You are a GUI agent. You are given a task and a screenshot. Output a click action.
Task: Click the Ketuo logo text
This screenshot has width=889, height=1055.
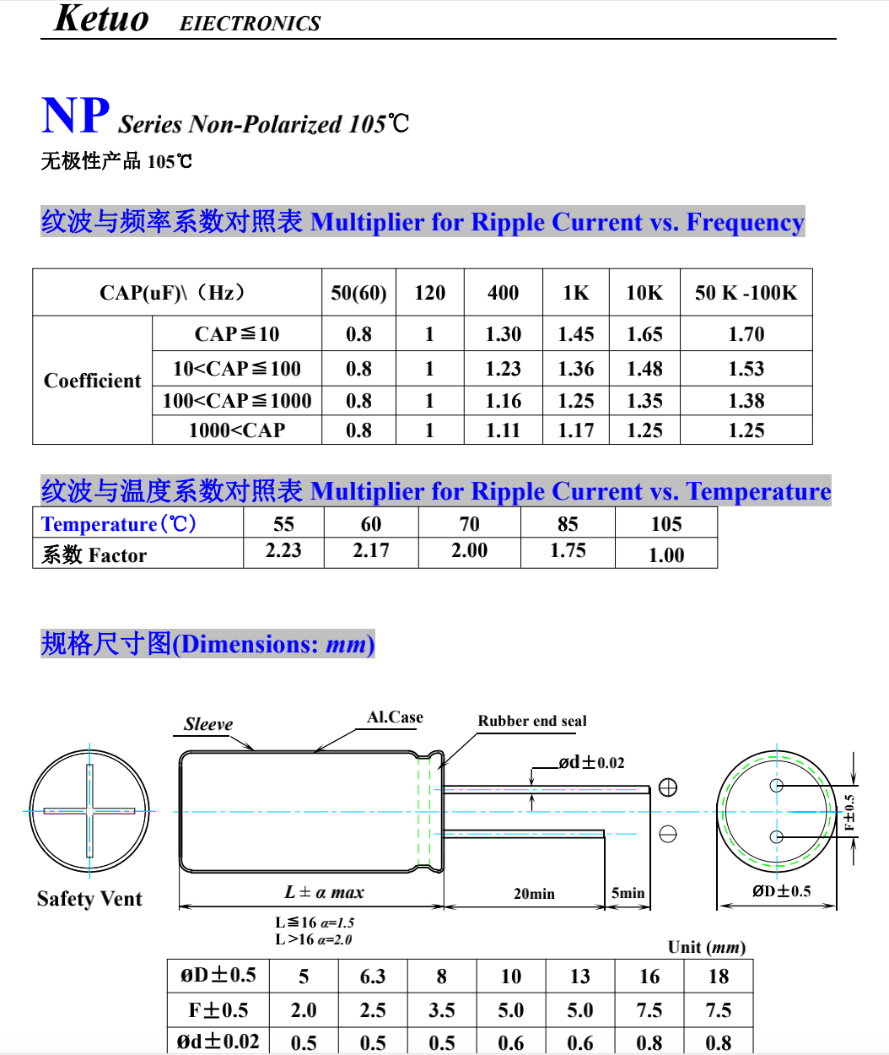tap(101, 19)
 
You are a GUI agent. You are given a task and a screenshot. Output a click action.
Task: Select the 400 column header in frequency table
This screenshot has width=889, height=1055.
tap(503, 293)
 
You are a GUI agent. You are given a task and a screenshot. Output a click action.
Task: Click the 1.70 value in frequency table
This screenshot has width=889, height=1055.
tap(746, 334)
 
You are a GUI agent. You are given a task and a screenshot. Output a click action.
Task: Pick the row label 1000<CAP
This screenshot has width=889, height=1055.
tap(237, 430)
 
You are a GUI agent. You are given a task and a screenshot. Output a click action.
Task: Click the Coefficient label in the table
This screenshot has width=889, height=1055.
tap(93, 381)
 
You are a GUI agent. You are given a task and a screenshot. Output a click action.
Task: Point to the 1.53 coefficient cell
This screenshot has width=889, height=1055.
tap(746, 369)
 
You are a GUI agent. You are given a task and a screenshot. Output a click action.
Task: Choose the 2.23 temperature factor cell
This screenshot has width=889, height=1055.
tap(283, 550)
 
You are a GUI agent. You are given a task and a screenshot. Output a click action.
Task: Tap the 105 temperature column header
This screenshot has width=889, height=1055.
tap(665, 524)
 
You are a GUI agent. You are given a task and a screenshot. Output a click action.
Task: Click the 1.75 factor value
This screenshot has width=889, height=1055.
tap(568, 550)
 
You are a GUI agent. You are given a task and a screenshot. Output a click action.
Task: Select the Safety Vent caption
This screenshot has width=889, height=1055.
tap(89, 899)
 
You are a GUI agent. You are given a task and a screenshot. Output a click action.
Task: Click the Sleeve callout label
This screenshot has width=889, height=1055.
tap(208, 724)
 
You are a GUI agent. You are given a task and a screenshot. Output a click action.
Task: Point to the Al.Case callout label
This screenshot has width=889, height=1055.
tap(395, 717)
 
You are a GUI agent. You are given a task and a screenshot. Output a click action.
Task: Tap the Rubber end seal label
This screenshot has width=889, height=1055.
tap(532, 721)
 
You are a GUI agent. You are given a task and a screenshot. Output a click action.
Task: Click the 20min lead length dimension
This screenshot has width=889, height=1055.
tap(534, 894)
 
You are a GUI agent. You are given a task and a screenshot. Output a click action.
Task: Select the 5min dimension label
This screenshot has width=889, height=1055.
tap(628, 893)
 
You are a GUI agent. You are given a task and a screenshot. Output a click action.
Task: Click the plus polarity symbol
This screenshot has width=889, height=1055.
tap(668, 787)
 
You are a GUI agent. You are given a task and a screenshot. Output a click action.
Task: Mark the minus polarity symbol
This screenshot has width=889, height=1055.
tap(668, 834)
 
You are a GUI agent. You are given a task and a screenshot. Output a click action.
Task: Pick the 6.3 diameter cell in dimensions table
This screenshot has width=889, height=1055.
tap(373, 977)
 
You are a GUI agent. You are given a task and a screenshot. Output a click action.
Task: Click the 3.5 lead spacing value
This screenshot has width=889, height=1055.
tap(442, 1010)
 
